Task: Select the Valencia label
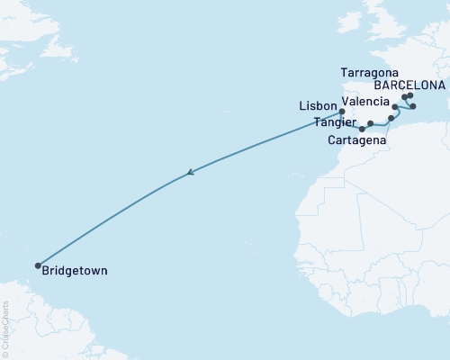coord(364,102)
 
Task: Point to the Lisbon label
coord(317,106)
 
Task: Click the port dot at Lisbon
coord(342,112)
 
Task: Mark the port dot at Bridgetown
coord(38,265)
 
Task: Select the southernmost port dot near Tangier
coord(361,129)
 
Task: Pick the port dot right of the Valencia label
coord(395,106)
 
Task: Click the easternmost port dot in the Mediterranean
coord(413,106)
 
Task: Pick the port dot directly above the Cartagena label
coord(371,123)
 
